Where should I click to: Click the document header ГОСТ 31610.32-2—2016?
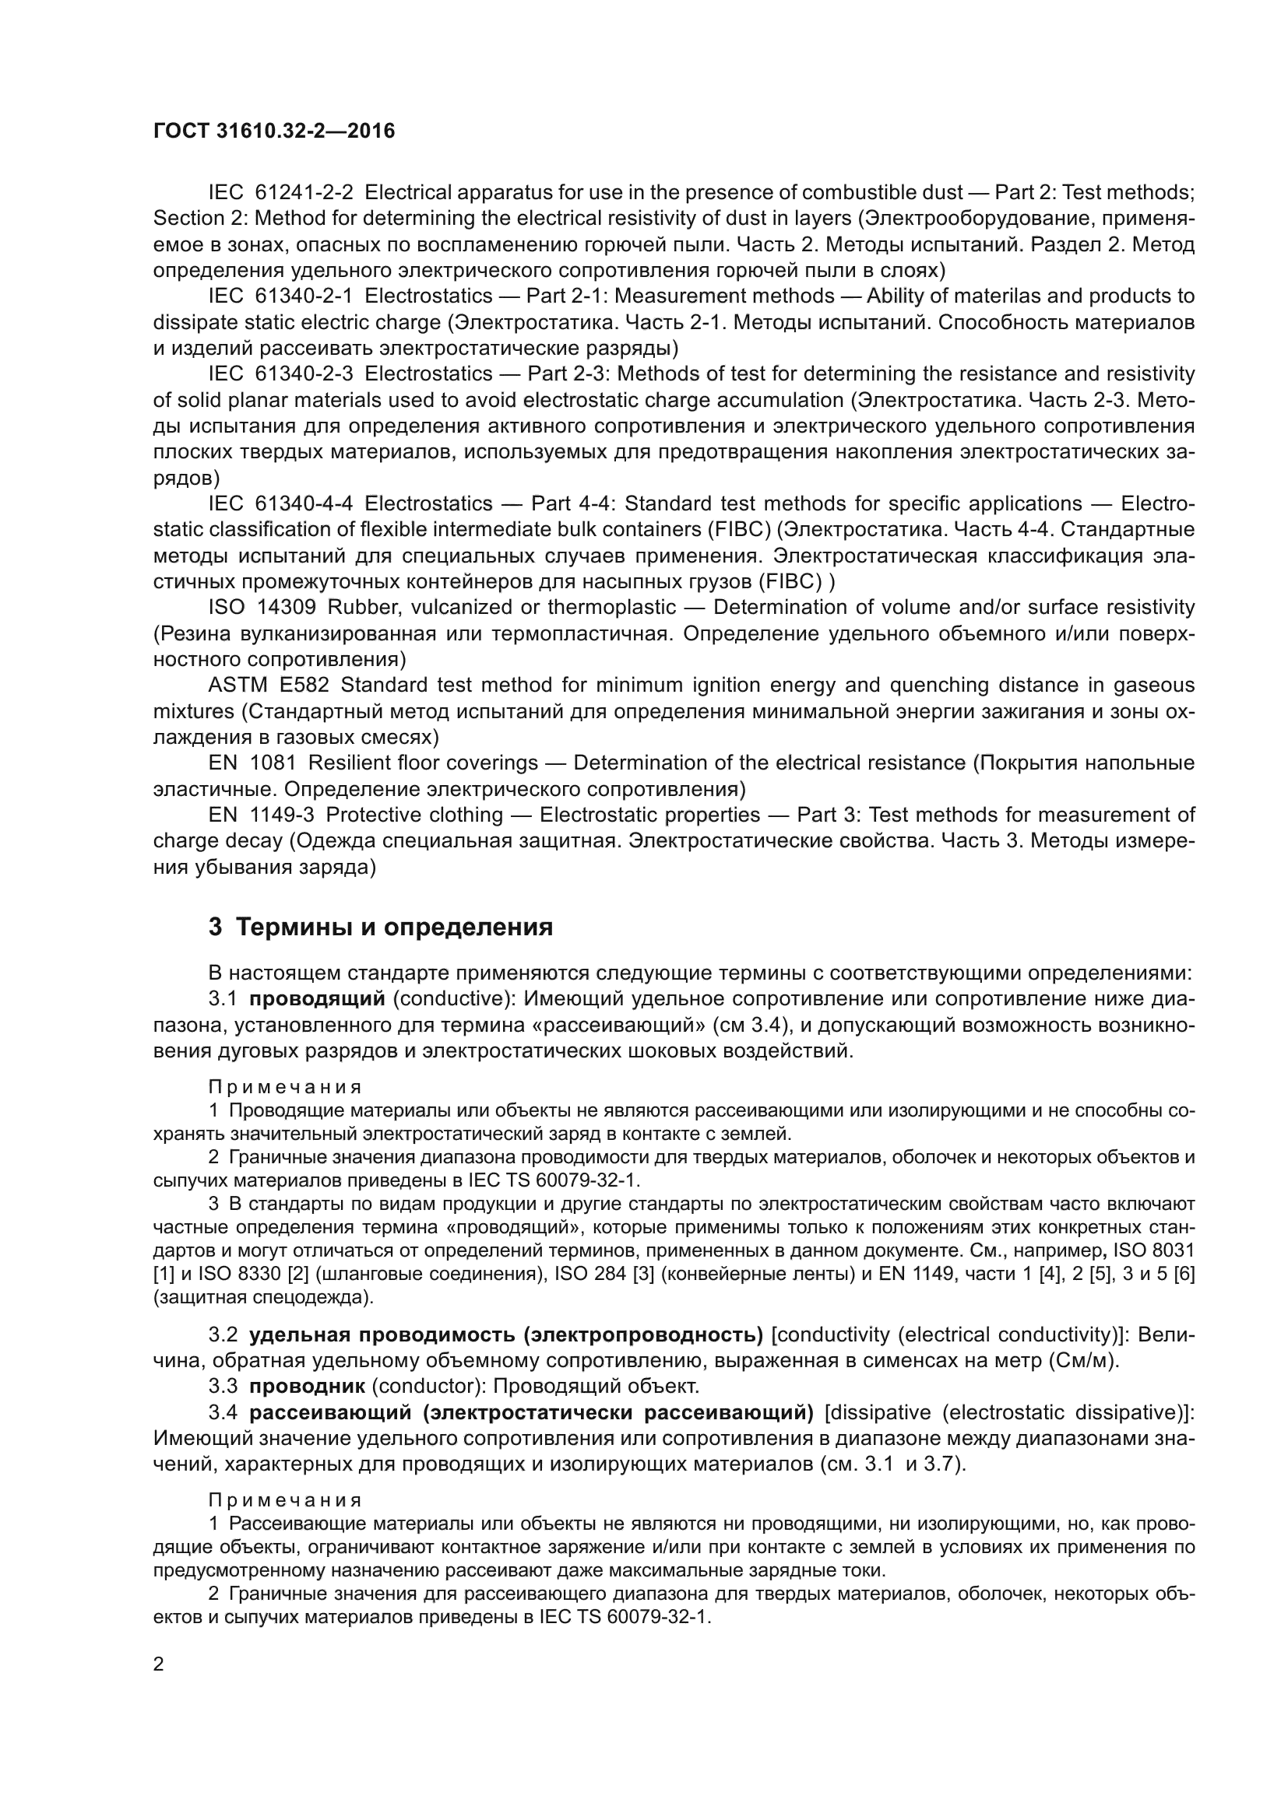tap(273, 131)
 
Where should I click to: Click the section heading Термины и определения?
tap(381, 927)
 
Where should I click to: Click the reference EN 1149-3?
tap(262, 815)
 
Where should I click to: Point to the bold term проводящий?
tap(317, 999)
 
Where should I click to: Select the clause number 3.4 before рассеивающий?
tap(223, 1412)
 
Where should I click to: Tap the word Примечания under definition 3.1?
tap(285, 1087)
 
